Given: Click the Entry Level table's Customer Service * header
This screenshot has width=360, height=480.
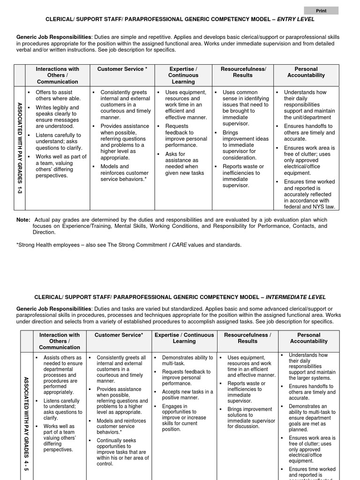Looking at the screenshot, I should pyautogui.click(x=122, y=69).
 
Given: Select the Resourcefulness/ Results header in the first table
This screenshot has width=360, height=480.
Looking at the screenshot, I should pyautogui.click(x=243, y=72).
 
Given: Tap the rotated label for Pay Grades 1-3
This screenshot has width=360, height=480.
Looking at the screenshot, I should pyautogui.click(x=19, y=149).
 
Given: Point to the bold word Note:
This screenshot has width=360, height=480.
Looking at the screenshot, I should pyautogui.click(x=23, y=220).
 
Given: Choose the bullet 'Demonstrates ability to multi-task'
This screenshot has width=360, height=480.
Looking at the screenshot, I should pyautogui.click(x=187, y=360).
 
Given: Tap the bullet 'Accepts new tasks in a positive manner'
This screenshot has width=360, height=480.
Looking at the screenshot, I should pyautogui.click(x=187, y=395).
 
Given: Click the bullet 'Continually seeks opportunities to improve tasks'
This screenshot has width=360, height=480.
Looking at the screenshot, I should pyautogui.click(x=122, y=452).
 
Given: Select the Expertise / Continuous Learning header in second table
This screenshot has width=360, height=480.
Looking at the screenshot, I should pyautogui.click(x=184, y=338).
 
